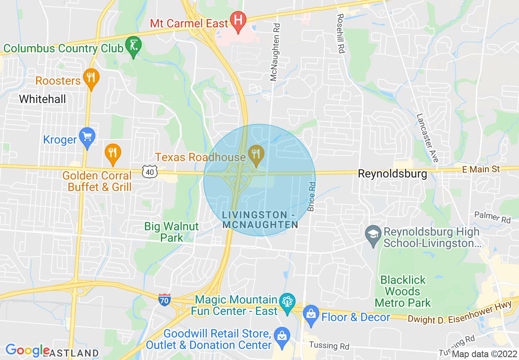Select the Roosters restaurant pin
point(91,77)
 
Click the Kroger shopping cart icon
point(87,136)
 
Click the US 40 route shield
point(150,172)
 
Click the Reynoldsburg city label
point(392,174)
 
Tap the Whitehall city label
point(42,99)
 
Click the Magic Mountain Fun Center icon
point(287,301)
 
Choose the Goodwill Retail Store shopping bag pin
point(282,336)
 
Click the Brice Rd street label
point(311,196)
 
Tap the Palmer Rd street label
point(492,217)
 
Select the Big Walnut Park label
point(171,232)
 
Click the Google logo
point(27,351)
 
